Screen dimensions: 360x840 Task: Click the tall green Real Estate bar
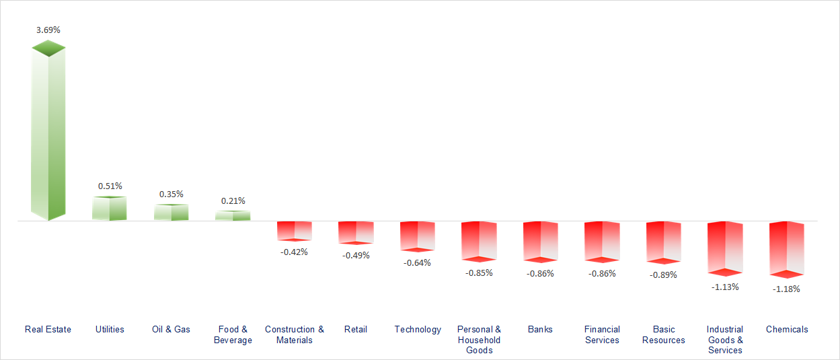(x=48, y=135)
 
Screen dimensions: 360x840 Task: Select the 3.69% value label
(x=48, y=30)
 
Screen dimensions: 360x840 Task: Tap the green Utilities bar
(x=110, y=209)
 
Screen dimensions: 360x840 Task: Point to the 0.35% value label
(x=171, y=194)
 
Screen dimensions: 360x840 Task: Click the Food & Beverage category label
(x=233, y=334)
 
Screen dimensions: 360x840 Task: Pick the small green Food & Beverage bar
(x=233, y=216)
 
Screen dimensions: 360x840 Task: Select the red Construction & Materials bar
(x=295, y=231)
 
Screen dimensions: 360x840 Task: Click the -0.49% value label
(x=356, y=256)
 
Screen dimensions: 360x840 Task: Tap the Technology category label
(x=418, y=330)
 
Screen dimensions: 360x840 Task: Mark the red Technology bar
(x=418, y=236)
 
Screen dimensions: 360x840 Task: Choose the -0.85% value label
(x=479, y=273)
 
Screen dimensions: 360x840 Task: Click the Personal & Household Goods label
(x=479, y=339)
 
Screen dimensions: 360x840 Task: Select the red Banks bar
(x=541, y=241)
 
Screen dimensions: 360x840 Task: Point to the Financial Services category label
(x=602, y=334)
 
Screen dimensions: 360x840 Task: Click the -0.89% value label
(x=663, y=275)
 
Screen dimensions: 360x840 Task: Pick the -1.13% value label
(x=725, y=287)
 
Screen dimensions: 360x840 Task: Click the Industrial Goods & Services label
(x=725, y=339)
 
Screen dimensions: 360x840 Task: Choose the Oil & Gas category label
(x=171, y=330)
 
